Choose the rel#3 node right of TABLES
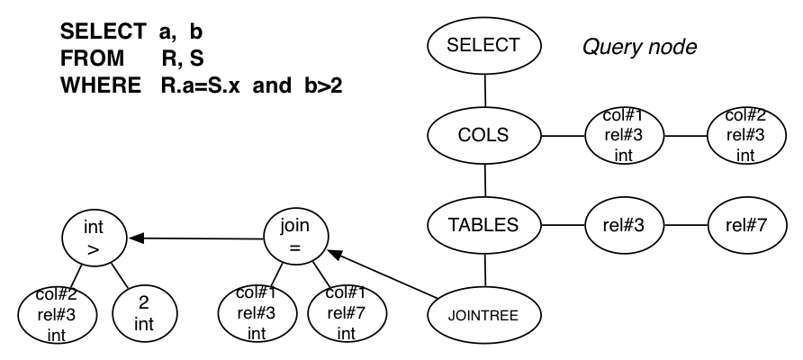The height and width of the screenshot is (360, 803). [621, 225]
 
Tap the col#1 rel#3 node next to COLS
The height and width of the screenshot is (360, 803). [621, 135]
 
